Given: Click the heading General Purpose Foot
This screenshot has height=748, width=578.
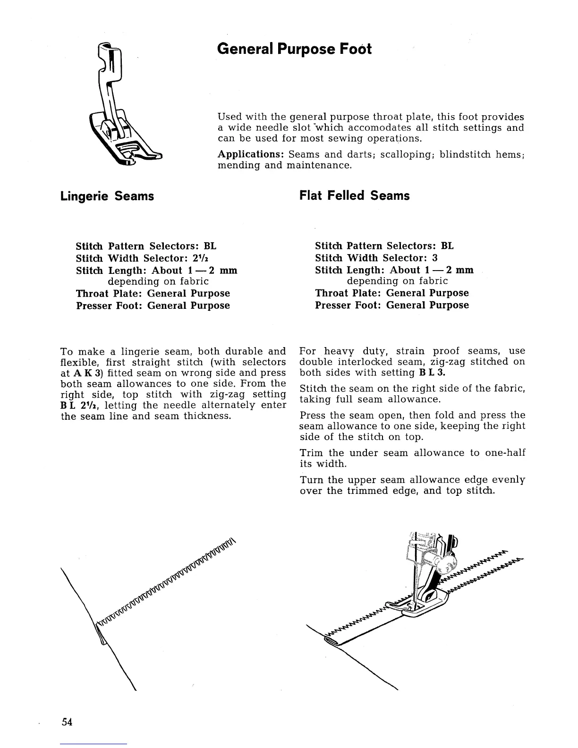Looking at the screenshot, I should pos(294,49).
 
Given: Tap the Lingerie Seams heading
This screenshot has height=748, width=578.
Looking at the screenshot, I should pos(107,196).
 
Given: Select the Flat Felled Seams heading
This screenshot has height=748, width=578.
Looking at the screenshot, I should pos(355,195).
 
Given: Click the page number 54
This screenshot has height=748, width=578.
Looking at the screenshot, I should pos(67,722).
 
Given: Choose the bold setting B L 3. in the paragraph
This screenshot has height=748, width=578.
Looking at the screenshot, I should pos(432,373).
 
